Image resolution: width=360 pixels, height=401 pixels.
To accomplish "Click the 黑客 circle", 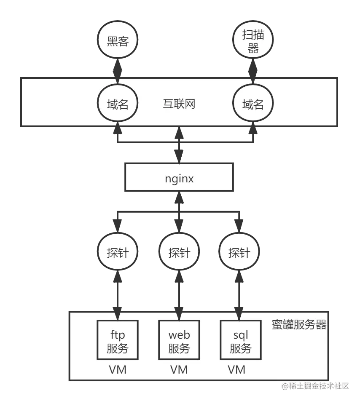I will click(118, 42).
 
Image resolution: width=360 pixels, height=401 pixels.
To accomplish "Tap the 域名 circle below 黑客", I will click(118, 104).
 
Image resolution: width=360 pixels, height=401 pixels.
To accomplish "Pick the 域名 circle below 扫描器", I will click(253, 104).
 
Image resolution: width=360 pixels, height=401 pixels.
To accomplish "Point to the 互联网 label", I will click(179, 104).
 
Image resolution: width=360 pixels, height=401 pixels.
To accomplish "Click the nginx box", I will click(179, 178).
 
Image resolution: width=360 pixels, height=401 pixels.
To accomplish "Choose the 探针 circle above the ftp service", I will click(118, 253).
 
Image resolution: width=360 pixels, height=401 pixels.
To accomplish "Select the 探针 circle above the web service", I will click(179, 253).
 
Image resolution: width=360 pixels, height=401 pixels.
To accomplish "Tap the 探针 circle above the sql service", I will click(239, 253).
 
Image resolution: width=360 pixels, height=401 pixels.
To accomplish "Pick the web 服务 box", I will click(179, 342).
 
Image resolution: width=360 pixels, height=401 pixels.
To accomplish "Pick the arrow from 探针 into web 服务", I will click(179, 295).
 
